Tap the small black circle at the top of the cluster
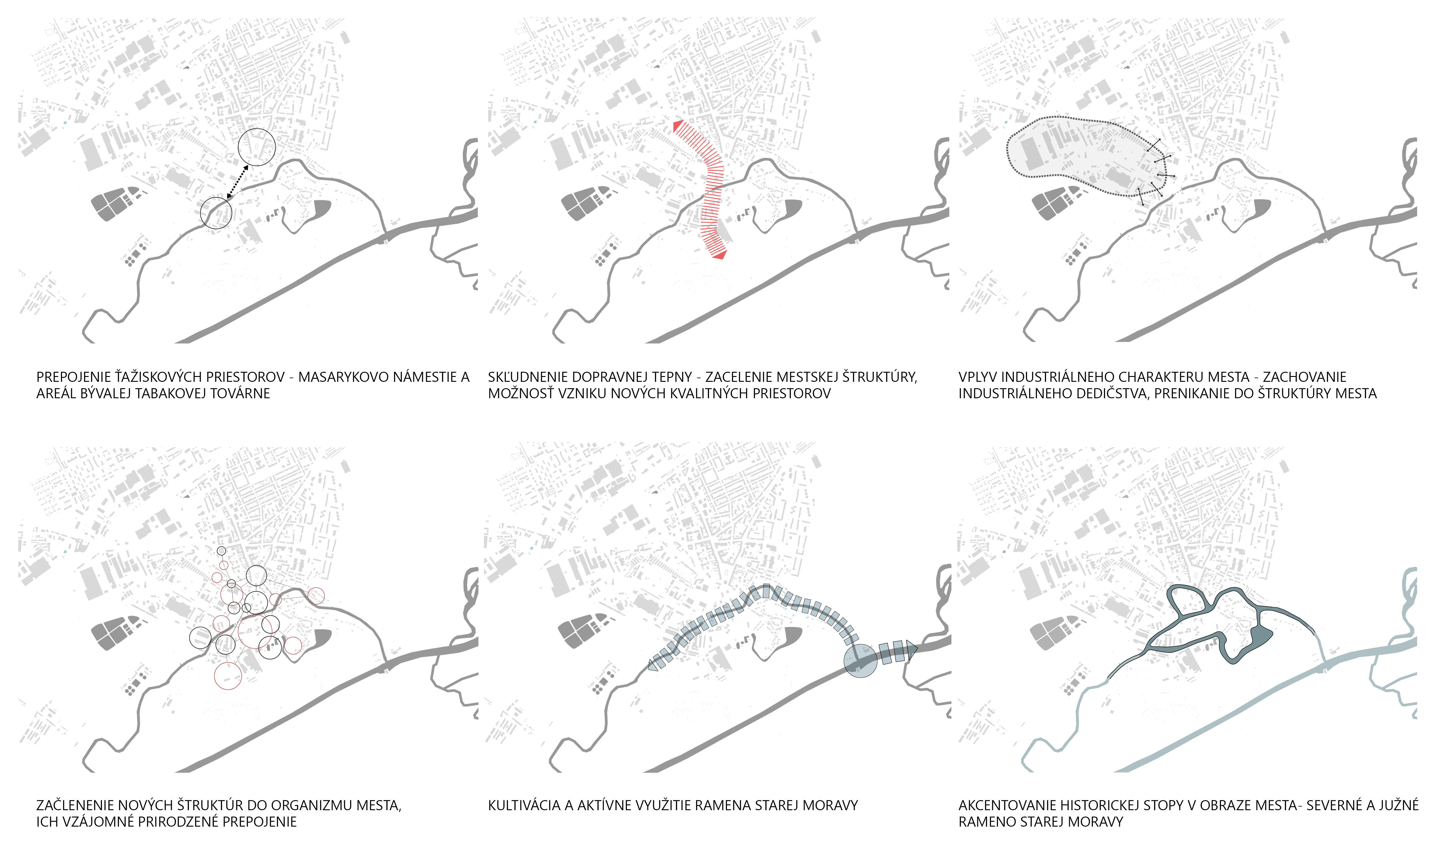pos(221,551)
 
